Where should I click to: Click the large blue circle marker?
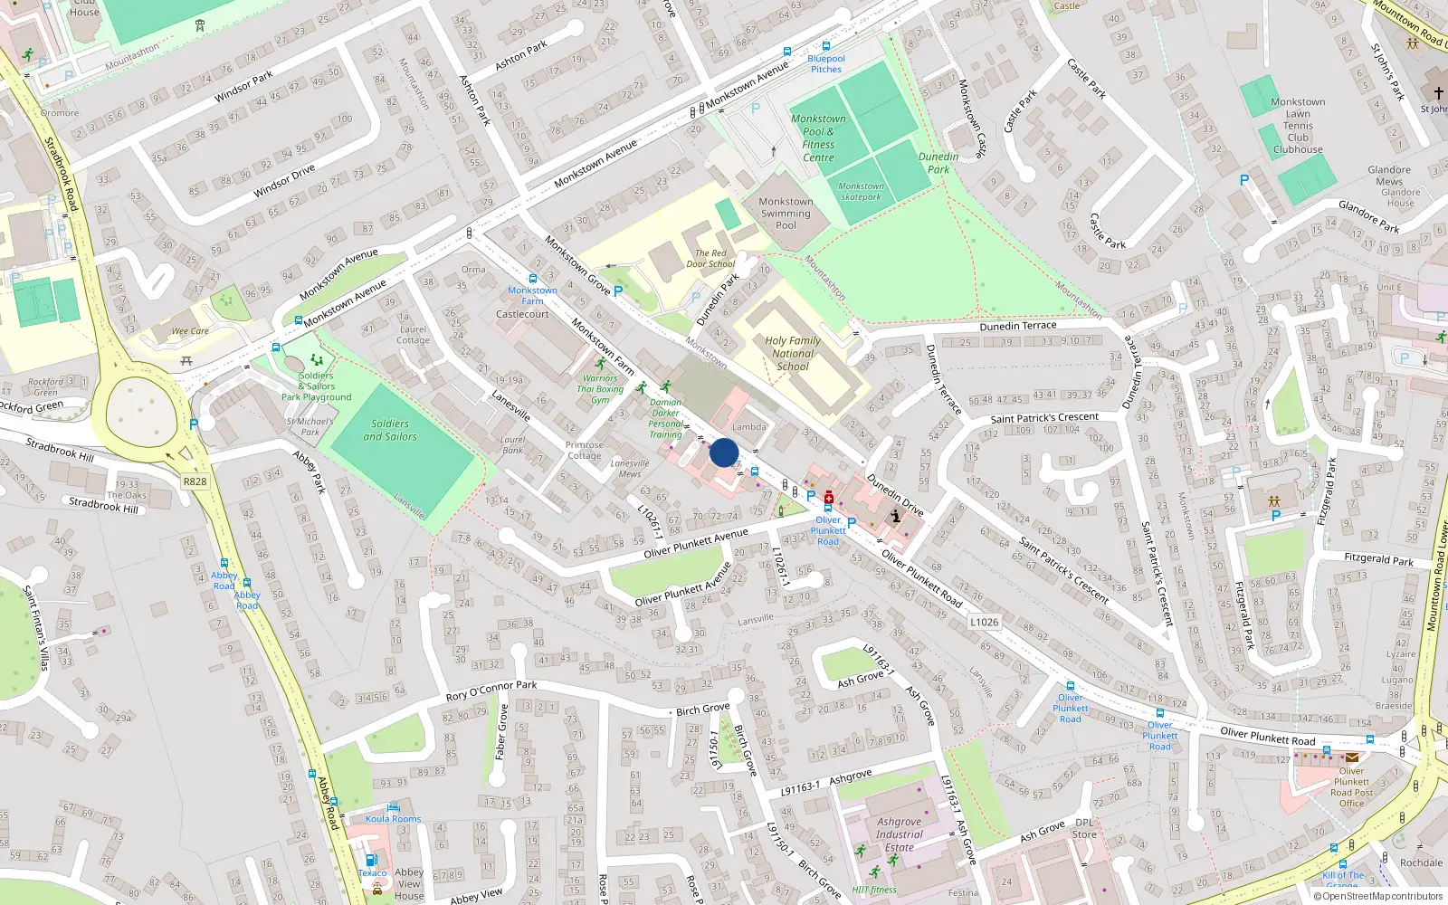(724, 452)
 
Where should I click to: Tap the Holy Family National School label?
(793, 354)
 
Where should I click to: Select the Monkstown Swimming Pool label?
(786, 214)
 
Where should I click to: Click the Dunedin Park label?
(938, 163)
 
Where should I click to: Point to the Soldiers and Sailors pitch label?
(390, 430)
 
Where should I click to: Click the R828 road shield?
(195, 481)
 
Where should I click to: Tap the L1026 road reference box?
(984, 622)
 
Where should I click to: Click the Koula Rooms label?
(393, 819)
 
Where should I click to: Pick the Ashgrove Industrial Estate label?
(899, 834)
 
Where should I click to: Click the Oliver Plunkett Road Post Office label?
(1351, 787)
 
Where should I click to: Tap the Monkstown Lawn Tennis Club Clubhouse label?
(1298, 126)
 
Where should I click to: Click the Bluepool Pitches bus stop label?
(825, 63)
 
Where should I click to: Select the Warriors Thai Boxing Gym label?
(600, 389)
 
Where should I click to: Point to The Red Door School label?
(710, 259)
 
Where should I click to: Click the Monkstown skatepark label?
(861, 191)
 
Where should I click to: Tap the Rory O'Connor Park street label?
(491, 691)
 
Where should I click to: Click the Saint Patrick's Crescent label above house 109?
(1044, 418)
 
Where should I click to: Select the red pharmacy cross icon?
(829, 497)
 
